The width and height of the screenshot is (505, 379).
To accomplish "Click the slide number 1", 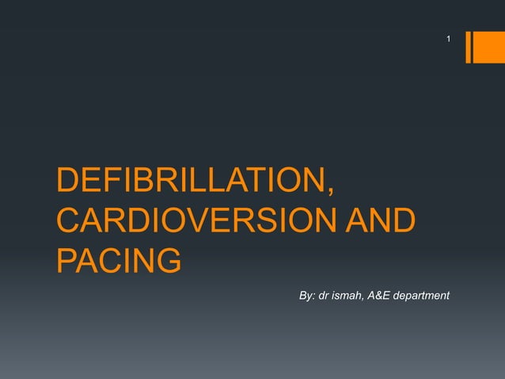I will pyautogui.click(x=448, y=39).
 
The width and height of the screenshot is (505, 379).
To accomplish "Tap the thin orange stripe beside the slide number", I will pyautogui.click(x=468, y=47).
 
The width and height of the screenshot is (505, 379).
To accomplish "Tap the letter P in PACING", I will pyautogui.click(x=66, y=259).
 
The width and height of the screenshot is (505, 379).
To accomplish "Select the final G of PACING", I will pyautogui.click(x=169, y=259).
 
